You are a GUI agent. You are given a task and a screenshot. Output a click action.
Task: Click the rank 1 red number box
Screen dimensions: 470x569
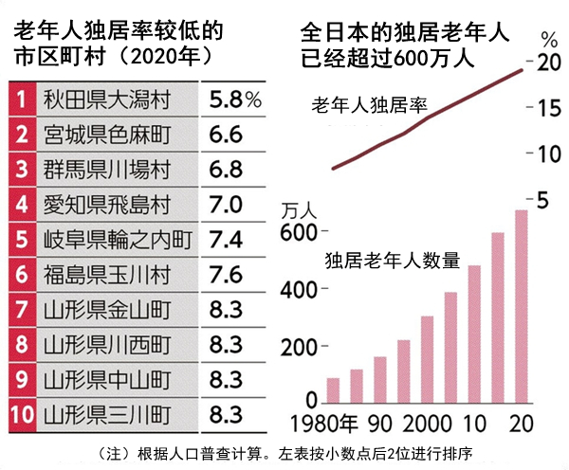[21, 98]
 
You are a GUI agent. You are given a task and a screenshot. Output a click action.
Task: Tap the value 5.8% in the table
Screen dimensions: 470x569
[235, 98]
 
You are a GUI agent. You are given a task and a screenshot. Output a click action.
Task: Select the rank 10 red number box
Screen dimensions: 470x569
[21, 414]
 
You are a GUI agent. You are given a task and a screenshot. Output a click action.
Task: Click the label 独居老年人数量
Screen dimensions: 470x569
[393, 260]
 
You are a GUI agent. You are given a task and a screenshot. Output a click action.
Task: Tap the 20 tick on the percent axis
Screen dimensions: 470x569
[549, 64]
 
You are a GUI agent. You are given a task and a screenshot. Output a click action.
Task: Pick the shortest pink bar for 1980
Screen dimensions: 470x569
[333, 389]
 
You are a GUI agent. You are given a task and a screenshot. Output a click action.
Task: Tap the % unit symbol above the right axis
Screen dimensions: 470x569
[548, 39]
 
